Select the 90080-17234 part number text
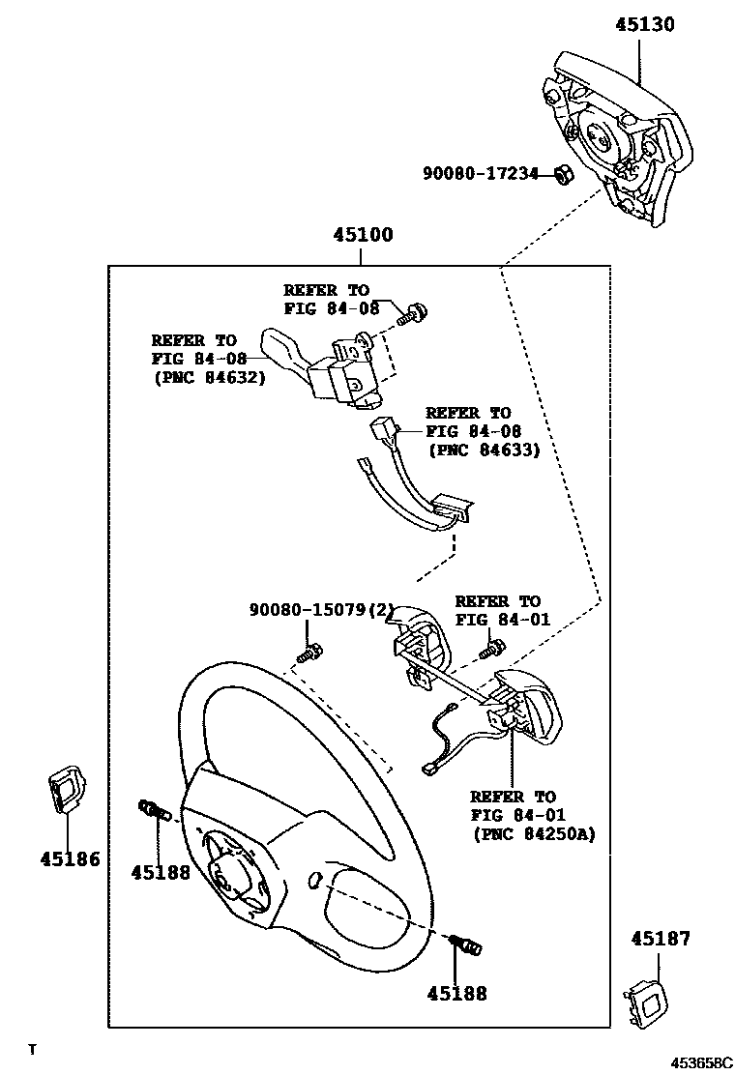pos(480,173)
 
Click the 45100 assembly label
pos(363,235)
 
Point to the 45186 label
pos(70,858)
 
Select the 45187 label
pos(661,938)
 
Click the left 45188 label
pos(161,871)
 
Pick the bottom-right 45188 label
pos(457,993)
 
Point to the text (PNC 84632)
pos(208,377)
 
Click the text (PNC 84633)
pos(483,450)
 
